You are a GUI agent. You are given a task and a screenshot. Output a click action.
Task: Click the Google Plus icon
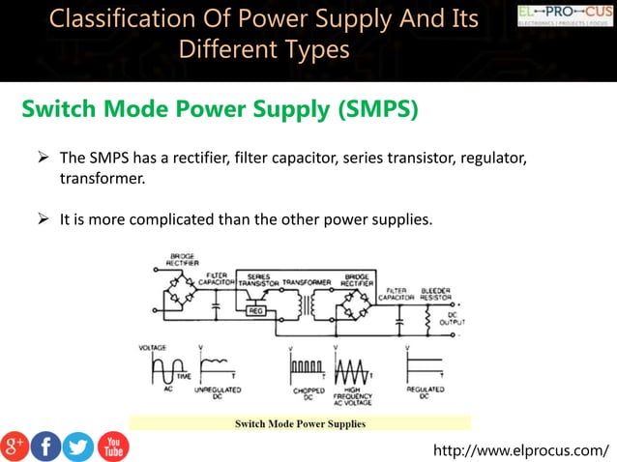pyautogui.click(x=15, y=446)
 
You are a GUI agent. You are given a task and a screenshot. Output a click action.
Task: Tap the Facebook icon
pyautogui.click(x=45, y=446)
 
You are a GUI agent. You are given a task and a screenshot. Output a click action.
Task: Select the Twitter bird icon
pyautogui.click(x=78, y=446)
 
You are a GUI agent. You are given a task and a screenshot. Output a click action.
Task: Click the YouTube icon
pyautogui.click(x=113, y=446)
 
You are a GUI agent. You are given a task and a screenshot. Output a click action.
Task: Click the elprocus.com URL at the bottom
pyautogui.click(x=523, y=449)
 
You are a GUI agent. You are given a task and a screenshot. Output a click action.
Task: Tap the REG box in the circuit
pyautogui.click(x=257, y=311)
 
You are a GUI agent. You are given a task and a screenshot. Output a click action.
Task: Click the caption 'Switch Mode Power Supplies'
pyautogui.click(x=300, y=423)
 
